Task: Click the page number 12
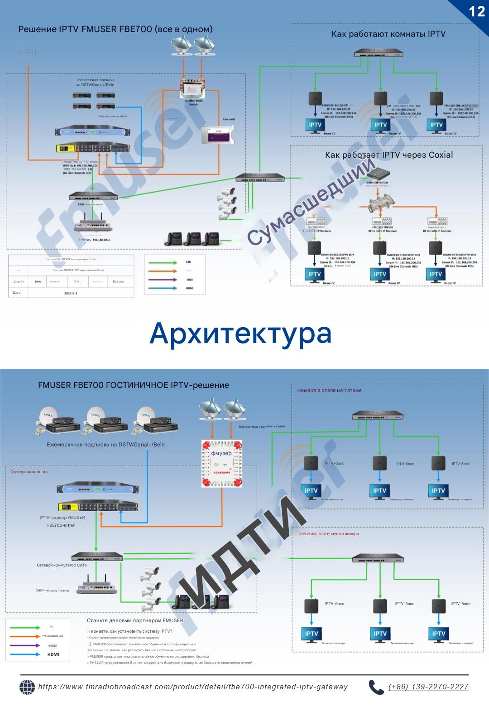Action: click(477, 11)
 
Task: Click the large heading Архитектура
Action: click(240, 333)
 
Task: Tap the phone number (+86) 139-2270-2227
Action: click(428, 687)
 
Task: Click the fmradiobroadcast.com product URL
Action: click(193, 687)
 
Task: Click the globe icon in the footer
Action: click(27, 687)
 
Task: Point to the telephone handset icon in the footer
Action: click(376, 687)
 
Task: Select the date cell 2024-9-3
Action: click(71, 293)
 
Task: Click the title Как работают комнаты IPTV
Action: click(388, 34)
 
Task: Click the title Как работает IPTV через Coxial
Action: click(388, 155)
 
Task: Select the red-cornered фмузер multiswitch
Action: click(222, 463)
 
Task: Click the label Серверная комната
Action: click(29, 472)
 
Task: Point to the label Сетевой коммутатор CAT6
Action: click(62, 565)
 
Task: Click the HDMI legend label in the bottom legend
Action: click(53, 654)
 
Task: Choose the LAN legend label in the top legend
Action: click(189, 262)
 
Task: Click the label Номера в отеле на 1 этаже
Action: click(329, 390)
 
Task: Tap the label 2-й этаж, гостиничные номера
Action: click(329, 533)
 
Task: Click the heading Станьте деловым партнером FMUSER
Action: click(135, 620)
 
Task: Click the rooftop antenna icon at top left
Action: click(28, 53)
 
